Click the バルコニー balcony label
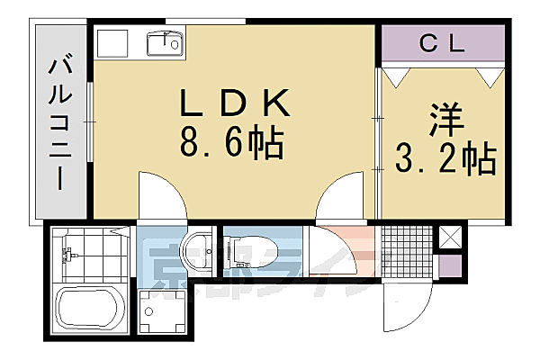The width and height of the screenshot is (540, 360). (x=61, y=121)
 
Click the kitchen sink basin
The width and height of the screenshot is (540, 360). (x=165, y=41)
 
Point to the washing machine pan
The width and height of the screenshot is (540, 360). (x=162, y=312)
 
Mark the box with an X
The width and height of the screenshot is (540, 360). (x=450, y=238)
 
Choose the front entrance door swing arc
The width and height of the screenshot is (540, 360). (x=396, y=306)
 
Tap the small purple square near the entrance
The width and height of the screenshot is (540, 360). (x=450, y=266)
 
